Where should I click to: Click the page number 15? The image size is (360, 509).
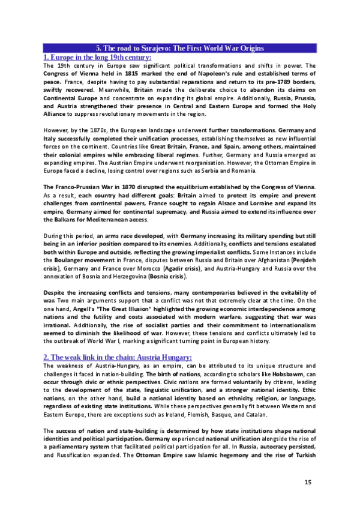pyautogui.click(x=308, y=483)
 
